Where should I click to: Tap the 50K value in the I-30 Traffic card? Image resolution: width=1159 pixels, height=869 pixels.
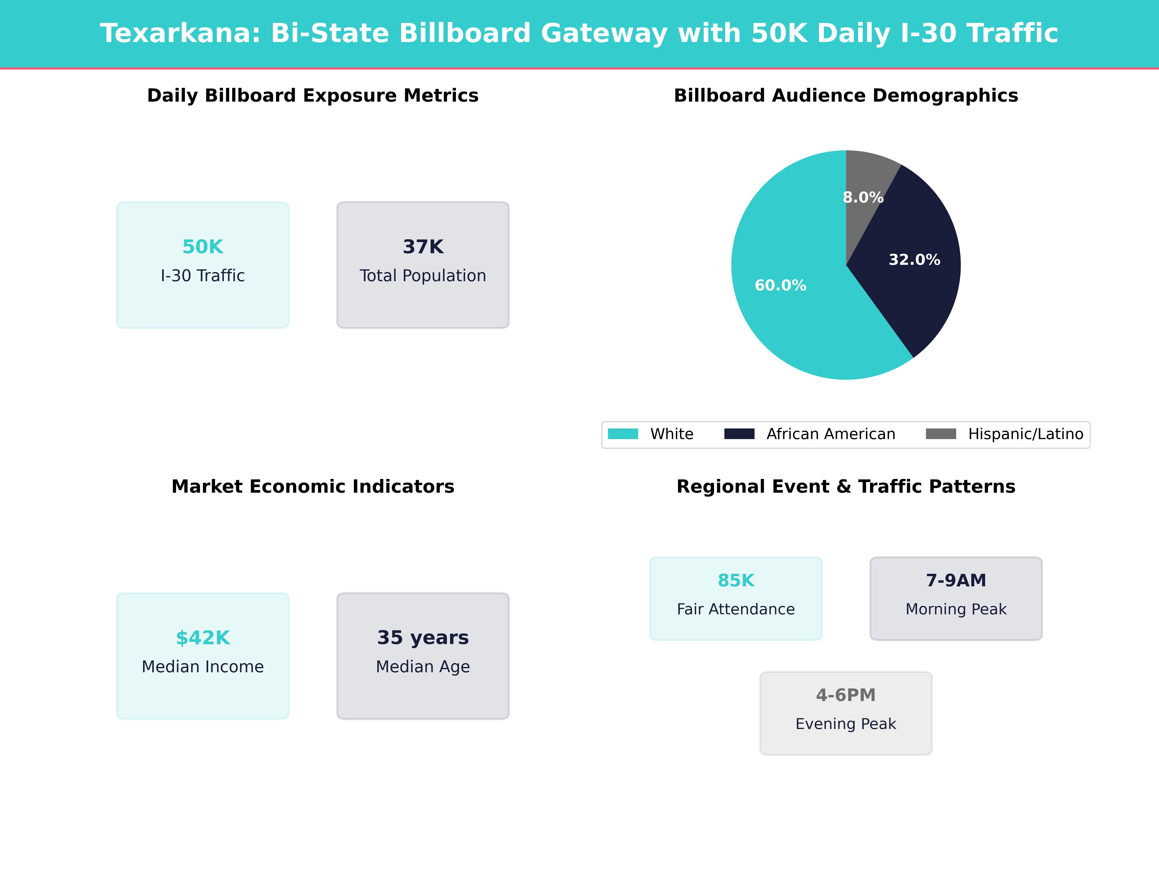(x=203, y=247)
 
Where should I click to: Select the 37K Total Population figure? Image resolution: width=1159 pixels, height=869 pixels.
(x=423, y=247)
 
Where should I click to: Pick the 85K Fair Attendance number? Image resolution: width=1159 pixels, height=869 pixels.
(x=736, y=580)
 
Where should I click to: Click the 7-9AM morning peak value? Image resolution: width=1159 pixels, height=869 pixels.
(x=956, y=580)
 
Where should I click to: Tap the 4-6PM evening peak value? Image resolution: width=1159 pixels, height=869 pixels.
(x=846, y=695)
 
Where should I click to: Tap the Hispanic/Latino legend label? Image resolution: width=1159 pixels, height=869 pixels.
(x=1025, y=434)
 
